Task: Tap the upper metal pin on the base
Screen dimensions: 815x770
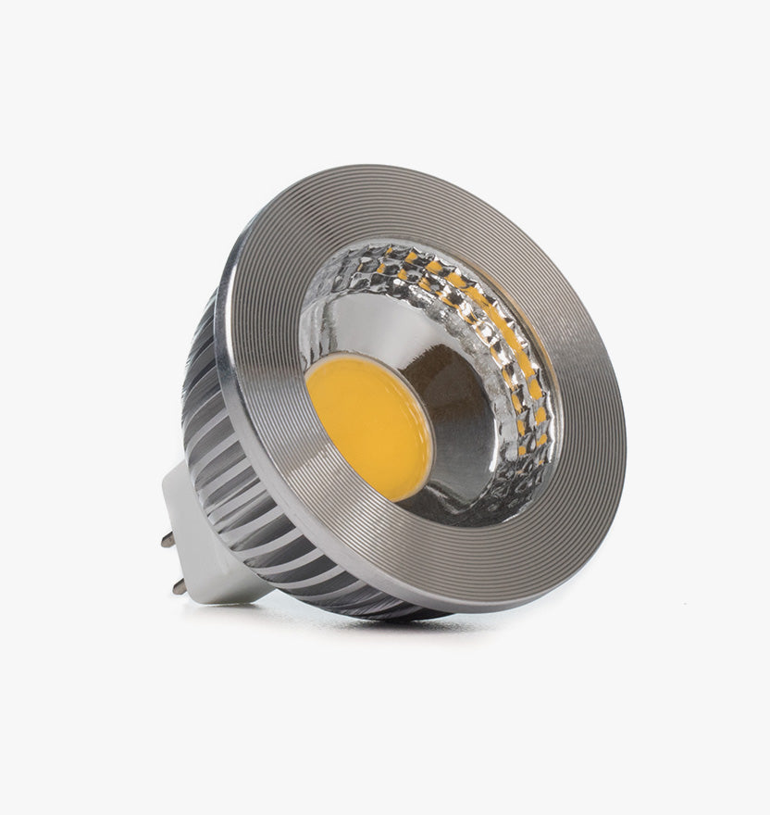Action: coord(168,539)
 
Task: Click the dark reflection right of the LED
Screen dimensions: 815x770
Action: coord(453,407)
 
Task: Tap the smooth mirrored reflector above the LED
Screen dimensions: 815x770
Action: coord(370,320)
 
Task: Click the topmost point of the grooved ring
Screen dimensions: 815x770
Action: coord(389,168)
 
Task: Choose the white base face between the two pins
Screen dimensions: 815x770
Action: coord(190,560)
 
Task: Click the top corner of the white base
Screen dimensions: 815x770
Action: coord(185,465)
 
